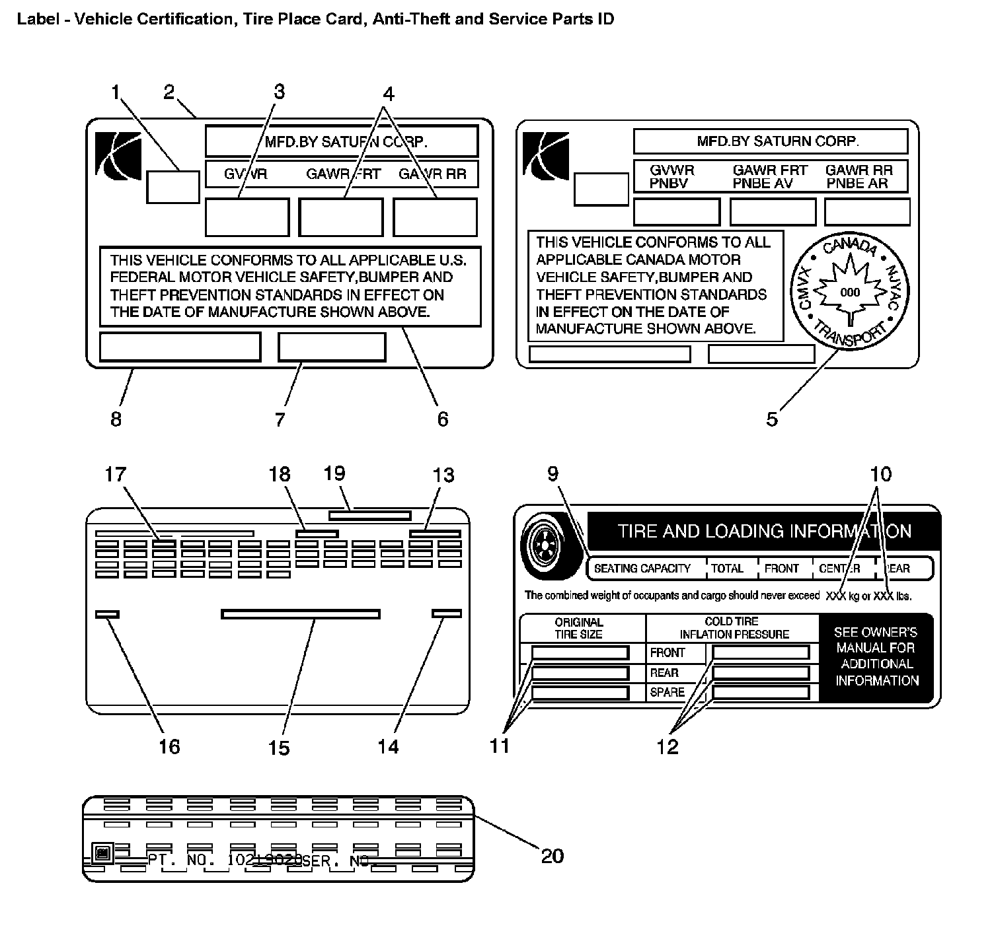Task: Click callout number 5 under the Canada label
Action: point(772,419)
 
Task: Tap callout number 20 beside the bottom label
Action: point(553,856)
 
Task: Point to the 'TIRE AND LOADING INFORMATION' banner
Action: point(763,532)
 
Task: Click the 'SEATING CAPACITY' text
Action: point(642,569)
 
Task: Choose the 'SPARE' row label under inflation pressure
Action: point(667,692)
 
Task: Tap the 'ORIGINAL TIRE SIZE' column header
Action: point(579,628)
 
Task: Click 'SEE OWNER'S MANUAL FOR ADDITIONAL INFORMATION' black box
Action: point(876,656)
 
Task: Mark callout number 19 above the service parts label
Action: point(334,473)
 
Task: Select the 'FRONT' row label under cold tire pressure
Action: point(668,652)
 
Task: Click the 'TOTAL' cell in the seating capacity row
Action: point(727,569)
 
